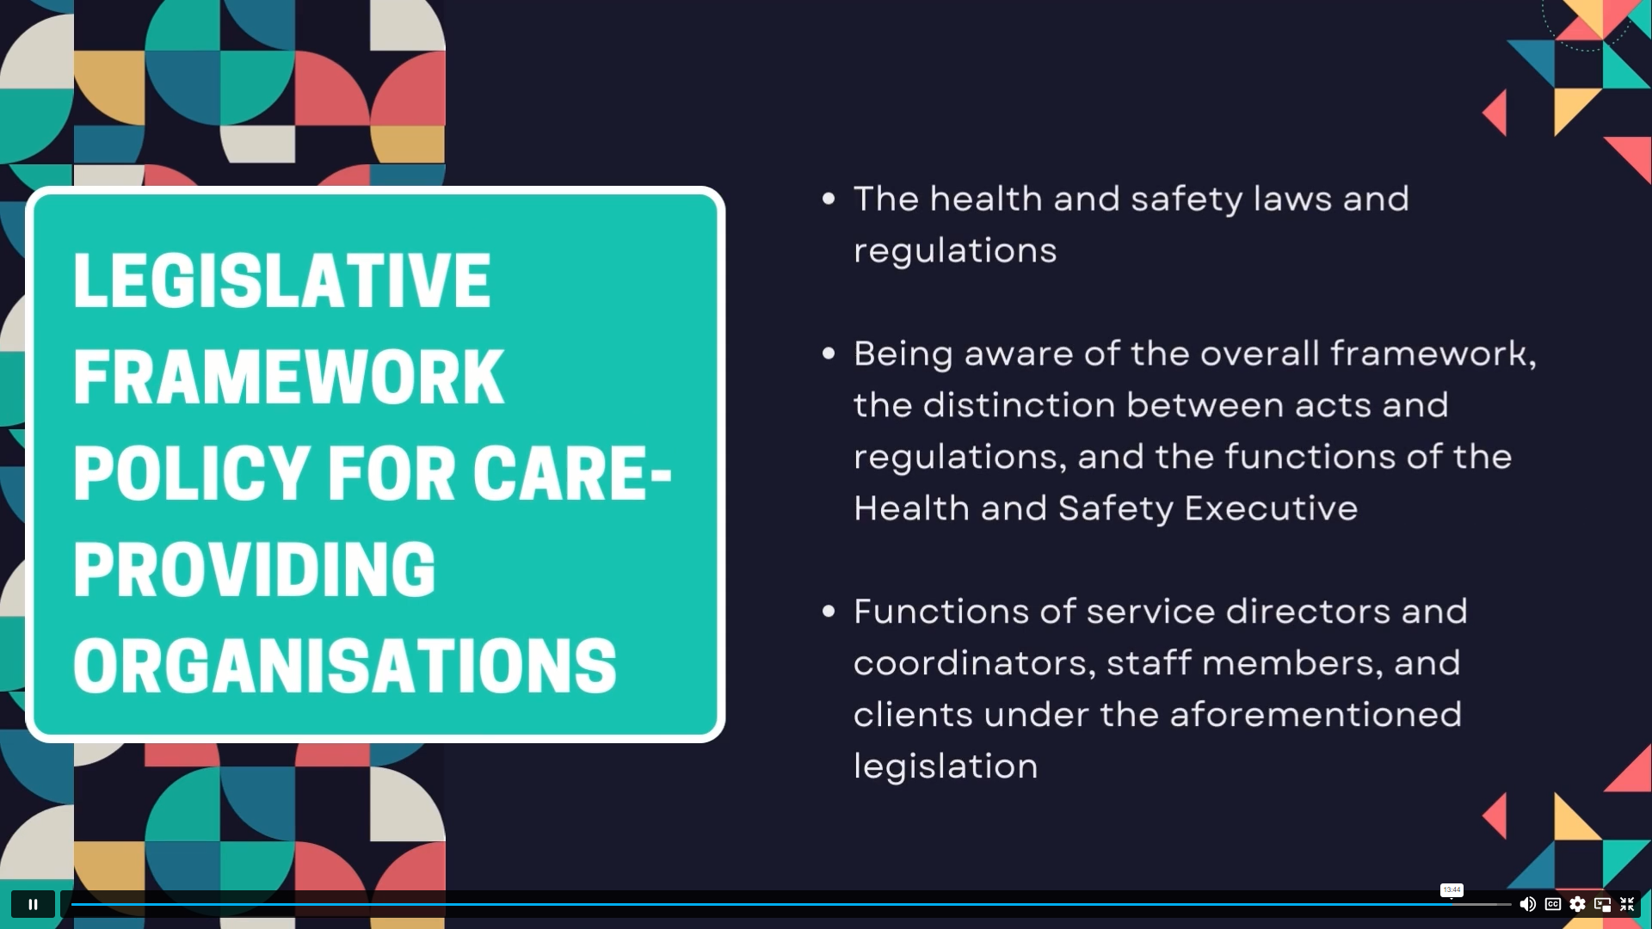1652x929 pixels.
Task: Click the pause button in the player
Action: pos(33,904)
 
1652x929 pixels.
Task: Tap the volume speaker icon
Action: pos(1527,904)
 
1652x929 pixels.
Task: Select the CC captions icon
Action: pos(1553,904)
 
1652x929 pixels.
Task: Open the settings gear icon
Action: pos(1577,904)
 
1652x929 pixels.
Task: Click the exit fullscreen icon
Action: pos(1627,904)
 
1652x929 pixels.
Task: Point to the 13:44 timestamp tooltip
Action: pos(1452,889)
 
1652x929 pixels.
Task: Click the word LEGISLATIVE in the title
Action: pos(282,280)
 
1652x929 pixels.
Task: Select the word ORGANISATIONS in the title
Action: pos(345,666)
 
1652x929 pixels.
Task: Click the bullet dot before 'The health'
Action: pos(829,200)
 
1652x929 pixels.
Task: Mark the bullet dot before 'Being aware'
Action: pos(829,354)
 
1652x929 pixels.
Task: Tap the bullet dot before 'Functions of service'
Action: pos(829,612)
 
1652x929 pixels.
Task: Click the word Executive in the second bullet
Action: pos(1271,508)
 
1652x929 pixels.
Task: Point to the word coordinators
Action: pos(975,663)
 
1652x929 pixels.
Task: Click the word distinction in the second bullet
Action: pos(1019,405)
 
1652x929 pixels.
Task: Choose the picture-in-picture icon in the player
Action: pos(1602,904)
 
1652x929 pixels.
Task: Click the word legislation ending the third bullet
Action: pos(946,766)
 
